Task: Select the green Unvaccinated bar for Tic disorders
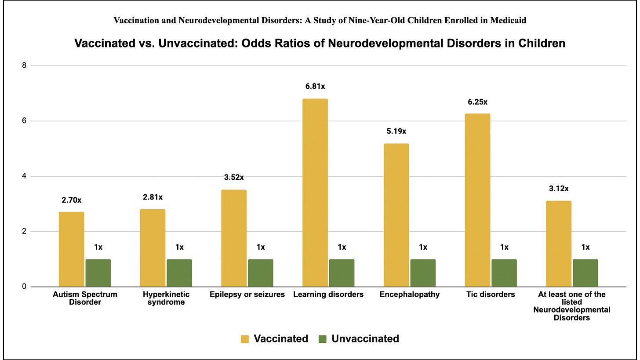tap(504, 273)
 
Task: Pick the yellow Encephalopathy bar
tap(396, 215)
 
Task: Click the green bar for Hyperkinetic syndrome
tap(179, 273)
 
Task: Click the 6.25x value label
tap(477, 102)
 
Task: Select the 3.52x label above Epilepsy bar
tap(233, 178)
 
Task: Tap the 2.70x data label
tap(71, 200)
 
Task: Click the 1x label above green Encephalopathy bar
tap(423, 247)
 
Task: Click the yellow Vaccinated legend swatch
tap(245, 339)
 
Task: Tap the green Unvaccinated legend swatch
tap(322, 339)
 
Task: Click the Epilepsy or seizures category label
tap(247, 295)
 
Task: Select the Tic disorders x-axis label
tap(491, 295)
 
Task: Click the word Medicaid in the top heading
tap(511, 20)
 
